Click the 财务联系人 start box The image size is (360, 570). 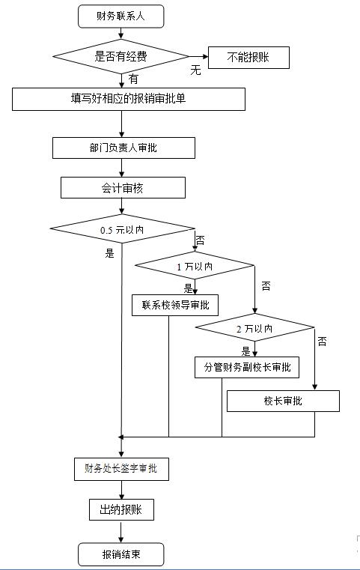click(x=121, y=16)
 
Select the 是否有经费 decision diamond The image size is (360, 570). click(x=121, y=56)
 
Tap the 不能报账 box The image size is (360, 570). click(x=248, y=58)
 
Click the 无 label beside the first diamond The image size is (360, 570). click(x=195, y=70)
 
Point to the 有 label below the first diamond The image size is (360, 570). click(x=133, y=79)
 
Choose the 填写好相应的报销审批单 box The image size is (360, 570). click(x=129, y=99)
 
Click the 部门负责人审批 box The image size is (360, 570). click(x=123, y=148)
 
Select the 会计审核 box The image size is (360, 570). click(x=123, y=187)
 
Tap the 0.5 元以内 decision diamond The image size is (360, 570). click(x=123, y=229)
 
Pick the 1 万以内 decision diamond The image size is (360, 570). click(x=195, y=266)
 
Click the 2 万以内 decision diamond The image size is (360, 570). click(x=254, y=327)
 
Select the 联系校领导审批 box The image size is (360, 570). click(x=175, y=305)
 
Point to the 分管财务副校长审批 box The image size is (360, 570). click(x=247, y=367)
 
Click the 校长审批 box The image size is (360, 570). click(x=283, y=401)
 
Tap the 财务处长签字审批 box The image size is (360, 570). click(x=121, y=469)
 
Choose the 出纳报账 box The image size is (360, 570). click(x=121, y=509)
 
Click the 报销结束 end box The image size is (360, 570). click(x=121, y=554)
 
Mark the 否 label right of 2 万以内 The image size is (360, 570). click(x=322, y=342)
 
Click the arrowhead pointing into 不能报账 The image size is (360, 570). click(x=206, y=56)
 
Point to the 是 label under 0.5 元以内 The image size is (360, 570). click(x=110, y=253)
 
